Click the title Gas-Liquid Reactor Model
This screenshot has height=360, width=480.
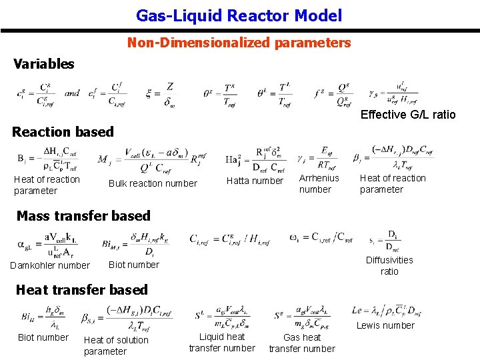(x=239, y=15)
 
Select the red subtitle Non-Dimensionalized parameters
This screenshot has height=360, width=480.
(x=239, y=43)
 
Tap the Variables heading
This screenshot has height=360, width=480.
(x=44, y=64)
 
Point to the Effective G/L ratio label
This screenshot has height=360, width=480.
(x=408, y=115)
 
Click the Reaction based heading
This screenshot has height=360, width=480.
(x=63, y=131)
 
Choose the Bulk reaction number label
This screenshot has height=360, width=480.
(x=153, y=183)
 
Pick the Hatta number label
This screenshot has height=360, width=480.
(x=255, y=181)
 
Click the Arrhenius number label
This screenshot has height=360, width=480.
(x=319, y=183)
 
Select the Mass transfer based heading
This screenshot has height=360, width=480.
(x=83, y=215)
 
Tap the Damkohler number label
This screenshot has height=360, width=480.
(x=50, y=265)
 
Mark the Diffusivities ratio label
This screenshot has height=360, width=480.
(x=389, y=265)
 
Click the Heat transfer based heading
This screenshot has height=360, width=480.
(x=81, y=289)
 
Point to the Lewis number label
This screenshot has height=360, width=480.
(x=385, y=325)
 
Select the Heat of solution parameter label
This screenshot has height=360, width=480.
(x=116, y=345)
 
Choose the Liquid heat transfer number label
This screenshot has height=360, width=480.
(x=222, y=342)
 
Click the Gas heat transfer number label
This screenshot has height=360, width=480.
(x=302, y=343)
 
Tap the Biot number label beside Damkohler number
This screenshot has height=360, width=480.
(x=134, y=265)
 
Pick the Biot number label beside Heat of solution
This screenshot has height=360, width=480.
(x=43, y=337)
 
